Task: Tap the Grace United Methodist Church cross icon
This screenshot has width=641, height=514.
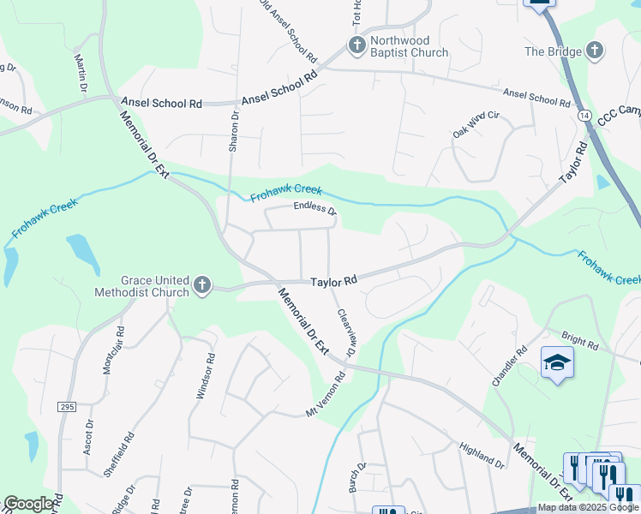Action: coord(201,284)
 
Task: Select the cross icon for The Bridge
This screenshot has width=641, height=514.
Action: coord(592,51)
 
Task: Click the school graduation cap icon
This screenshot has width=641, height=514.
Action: coord(557,362)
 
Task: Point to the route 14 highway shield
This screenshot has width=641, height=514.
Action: coord(584,114)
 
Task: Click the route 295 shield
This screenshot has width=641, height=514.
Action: coord(68,407)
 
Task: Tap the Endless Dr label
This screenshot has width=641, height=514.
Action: coord(315,208)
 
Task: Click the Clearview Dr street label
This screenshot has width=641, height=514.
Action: coord(345,333)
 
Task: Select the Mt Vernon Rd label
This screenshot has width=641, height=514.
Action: coord(326,395)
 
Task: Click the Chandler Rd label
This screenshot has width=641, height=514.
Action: coord(509,366)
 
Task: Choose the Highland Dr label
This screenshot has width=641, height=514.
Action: coord(482,456)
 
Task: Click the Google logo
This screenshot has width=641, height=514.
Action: coord(29,504)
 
